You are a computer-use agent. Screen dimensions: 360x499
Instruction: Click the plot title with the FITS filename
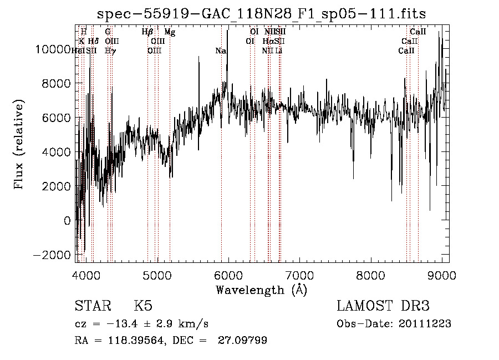click(261, 14)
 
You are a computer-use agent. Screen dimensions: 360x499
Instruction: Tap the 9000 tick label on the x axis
click(442, 275)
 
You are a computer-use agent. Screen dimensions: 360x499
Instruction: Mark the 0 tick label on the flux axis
click(67, 220)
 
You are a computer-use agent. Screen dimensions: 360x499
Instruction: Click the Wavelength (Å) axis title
click(261, 290)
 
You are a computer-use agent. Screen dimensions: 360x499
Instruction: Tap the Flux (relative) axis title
click(20, 144)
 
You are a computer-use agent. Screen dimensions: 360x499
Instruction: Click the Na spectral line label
click(221, 51)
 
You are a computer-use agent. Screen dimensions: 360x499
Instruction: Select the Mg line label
click(170, 32)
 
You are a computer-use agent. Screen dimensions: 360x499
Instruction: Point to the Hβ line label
click(147, 32)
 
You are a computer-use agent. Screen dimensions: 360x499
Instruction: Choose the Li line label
click(279, 51)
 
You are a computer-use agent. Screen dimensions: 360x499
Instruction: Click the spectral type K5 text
click(143, 306)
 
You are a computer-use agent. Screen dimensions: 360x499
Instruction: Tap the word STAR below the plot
click(94, 306)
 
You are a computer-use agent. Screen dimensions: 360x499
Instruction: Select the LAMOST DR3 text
click(383, 306)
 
